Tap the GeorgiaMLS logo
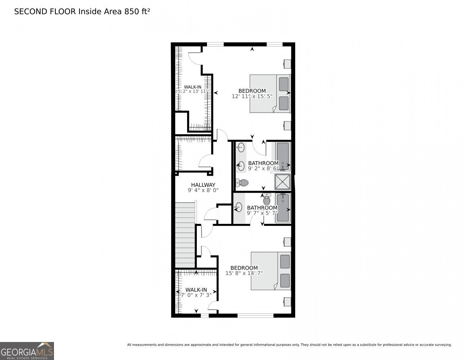pos(27,351)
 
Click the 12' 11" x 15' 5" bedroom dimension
pos(252,96)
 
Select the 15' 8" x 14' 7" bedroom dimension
pos(244,273)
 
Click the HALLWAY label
pos(203,185)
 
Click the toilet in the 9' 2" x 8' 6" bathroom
pos(243,183)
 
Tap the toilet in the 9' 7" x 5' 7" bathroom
pos(267,200)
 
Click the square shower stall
pos(282,182)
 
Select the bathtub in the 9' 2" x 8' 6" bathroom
pos(283,156)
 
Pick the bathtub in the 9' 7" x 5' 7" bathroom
pos(283,208)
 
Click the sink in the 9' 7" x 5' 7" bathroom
pos(238,207)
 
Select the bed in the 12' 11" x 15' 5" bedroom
pos(270,94)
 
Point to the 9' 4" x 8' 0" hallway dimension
pos(203,190)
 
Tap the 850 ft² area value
pos(137,12)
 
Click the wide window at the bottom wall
pos(255,316)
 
